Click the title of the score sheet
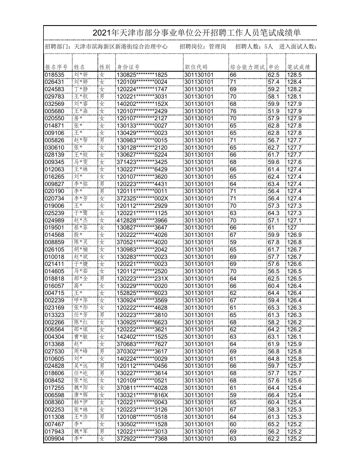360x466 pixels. pos(197,33)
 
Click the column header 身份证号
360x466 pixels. pos(128,67)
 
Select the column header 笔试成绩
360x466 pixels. pos(299,67)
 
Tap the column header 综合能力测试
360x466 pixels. pos(247,67)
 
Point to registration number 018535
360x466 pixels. pos(54,75)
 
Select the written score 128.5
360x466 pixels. pos(294,75)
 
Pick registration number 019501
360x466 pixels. pos(54,227)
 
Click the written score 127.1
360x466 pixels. pos(294,220)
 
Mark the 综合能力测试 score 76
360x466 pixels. pos(233,111)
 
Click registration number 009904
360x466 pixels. pos(54,439)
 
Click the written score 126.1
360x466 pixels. pos(294,337)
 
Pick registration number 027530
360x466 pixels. pos(54,351)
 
